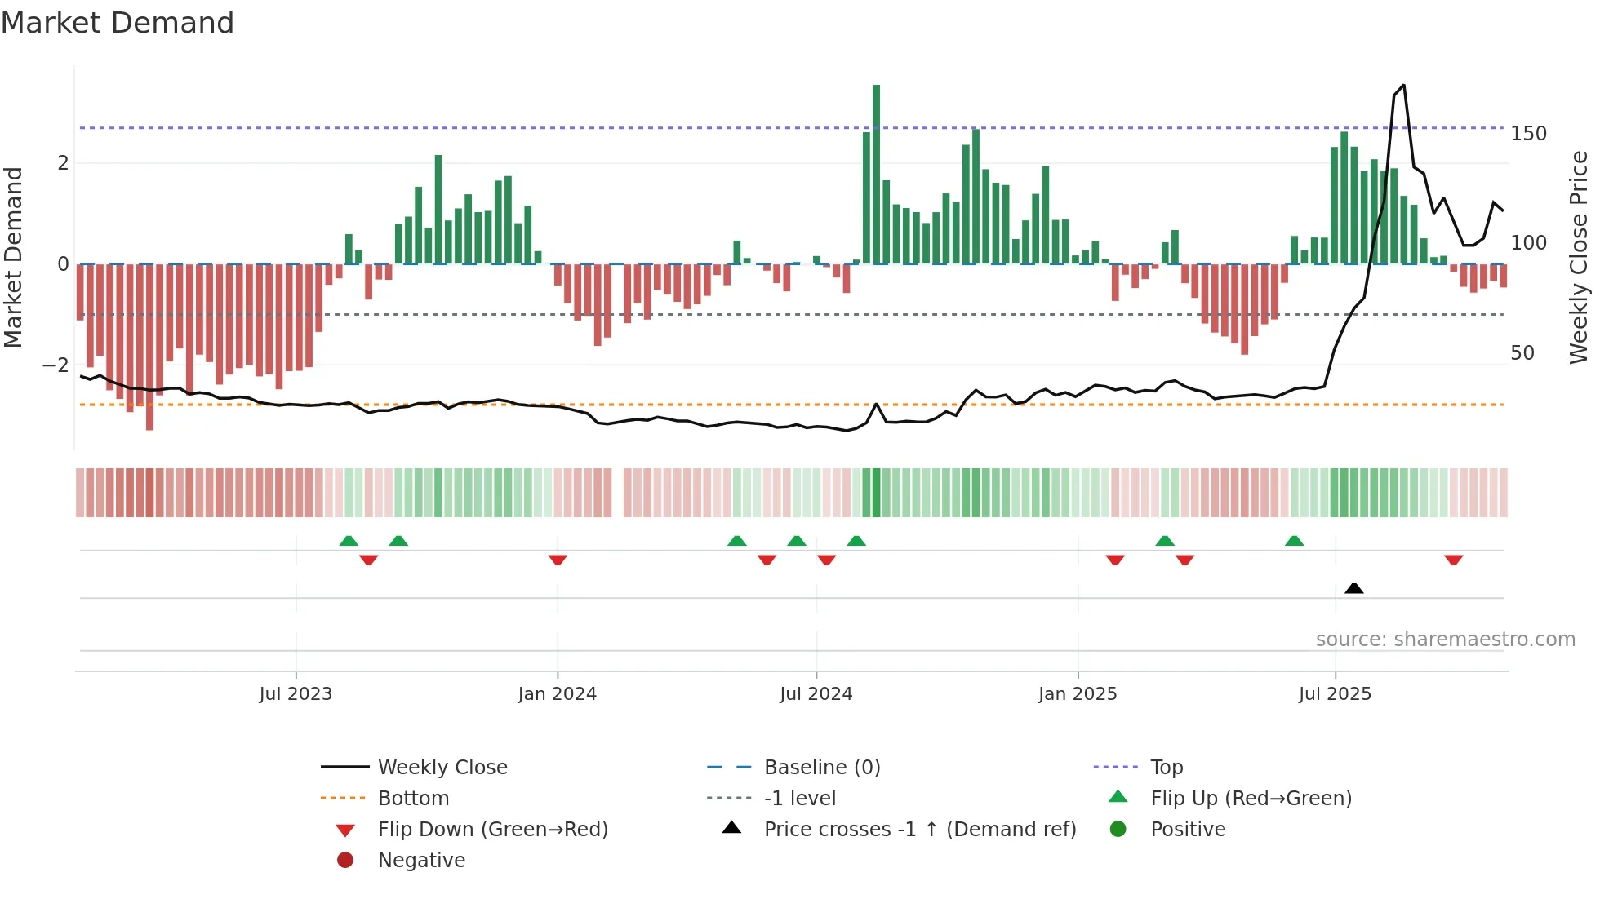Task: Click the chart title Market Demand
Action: click(x=118, y=23)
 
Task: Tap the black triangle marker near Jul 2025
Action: click(x=1353, y=588)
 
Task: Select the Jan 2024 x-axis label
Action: click(x=557, y=694)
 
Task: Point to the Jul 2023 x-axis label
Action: click(x=296, y=694)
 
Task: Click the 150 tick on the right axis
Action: click(x=1528, y=134)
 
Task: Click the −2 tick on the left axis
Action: click(x=56, y=365)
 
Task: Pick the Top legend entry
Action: click(x=1166, y=768)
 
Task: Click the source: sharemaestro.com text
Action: click(x=1445, y=640)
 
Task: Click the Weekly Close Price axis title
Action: click(x=1579, y=257)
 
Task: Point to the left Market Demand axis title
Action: click(x=14, y=257)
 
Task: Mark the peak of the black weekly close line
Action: click(x=1403, y=86)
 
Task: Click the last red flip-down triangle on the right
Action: click(x=1453, y=560)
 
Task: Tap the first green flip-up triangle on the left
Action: click(x=349, y=541)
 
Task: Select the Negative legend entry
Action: click(x=421, y=861)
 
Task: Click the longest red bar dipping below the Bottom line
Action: click(x=149, y=347)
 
